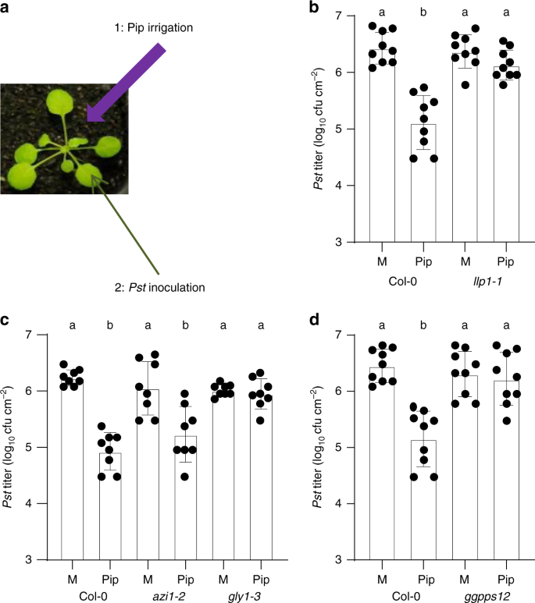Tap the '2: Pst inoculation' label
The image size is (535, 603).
click(159, 287)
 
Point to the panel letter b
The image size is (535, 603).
click(292, 9)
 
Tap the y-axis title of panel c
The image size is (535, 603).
click(10, 446)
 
